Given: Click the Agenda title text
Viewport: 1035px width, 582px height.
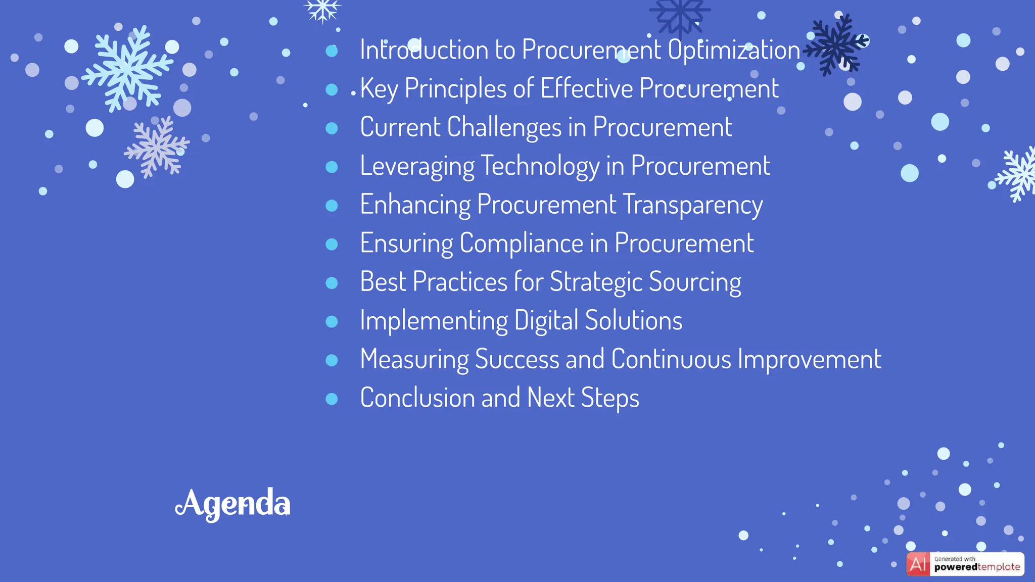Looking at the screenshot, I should click(233, 504).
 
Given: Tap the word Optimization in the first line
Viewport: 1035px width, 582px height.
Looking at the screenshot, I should click(734, 50).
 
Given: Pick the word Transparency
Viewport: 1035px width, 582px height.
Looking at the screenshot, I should click(692, 205).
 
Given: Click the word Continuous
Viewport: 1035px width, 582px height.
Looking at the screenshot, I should click(671, 359).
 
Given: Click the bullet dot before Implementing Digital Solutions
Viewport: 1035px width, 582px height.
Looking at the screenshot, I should click(332, 322).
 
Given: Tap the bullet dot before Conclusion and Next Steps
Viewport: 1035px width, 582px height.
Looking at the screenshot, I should click(332, 399).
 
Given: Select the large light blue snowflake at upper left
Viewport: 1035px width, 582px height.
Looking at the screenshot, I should click(127, 68).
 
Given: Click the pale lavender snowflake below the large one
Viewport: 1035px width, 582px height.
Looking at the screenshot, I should click(157, 147).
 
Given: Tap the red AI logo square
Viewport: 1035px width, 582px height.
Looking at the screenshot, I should click(918, 564).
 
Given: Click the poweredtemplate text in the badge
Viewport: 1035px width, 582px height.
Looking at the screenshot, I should click(977, 567).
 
